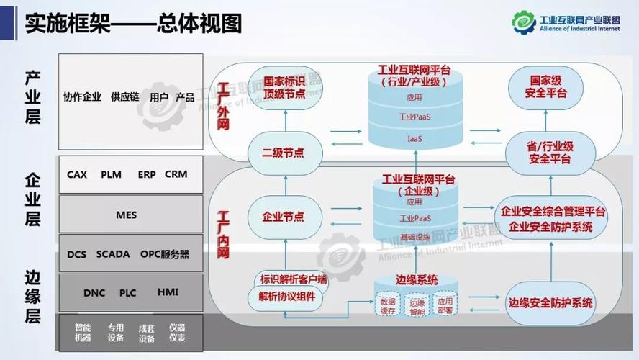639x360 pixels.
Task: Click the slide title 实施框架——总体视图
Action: [x=133, y=23]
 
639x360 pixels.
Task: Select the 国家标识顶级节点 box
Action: [x=284, y=87]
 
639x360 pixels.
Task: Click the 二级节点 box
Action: [x=284, y=153]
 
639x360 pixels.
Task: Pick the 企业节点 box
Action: [x=284, y=216]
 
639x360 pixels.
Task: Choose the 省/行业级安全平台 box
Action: [x=550, y=153]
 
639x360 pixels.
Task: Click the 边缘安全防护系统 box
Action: [x=550, y=302]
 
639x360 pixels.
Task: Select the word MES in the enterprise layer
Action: [x=126, y=215]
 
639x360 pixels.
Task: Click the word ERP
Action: [x=147, y=174]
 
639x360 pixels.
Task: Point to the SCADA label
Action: [x=113, y=254]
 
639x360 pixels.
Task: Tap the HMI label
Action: [x=168, y=292]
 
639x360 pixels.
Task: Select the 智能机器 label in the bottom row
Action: [x=83, y=333]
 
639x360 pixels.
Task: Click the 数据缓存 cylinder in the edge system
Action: [x=388, y=305]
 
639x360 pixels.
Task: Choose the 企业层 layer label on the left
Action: [x=32, y=199]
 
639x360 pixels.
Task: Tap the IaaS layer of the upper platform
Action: [x=414, y=138]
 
